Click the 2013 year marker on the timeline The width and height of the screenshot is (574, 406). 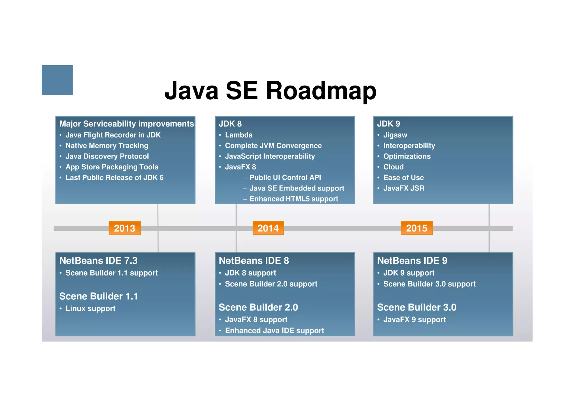[124, 228]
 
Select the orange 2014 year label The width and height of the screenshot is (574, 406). [268, 228]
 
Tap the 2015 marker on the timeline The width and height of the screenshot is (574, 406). [416, 228]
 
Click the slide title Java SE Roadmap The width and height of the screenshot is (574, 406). [270, 90]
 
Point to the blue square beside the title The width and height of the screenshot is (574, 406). [57, 80]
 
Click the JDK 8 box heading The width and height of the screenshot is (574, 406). [230, 124]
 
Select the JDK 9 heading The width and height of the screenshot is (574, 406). [388, 124]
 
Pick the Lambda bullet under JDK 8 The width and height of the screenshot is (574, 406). [239, 135]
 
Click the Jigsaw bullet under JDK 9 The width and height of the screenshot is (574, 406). [395, 135]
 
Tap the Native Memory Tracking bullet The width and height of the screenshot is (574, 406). [107, 146]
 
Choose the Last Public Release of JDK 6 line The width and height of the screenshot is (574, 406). [114, 178]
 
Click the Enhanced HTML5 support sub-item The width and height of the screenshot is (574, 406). [294, 199]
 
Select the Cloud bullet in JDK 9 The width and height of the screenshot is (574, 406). [394, 167]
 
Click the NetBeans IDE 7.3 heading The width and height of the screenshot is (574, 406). [98, 261]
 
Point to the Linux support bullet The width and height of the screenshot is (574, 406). [90, 309]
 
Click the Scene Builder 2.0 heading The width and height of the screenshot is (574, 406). [258, 308]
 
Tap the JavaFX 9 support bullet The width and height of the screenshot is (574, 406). [414, 320]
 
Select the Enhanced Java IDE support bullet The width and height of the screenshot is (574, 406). [274, 331]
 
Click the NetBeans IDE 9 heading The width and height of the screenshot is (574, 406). [412, 261]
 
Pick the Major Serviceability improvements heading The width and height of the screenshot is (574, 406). [126, 124]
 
